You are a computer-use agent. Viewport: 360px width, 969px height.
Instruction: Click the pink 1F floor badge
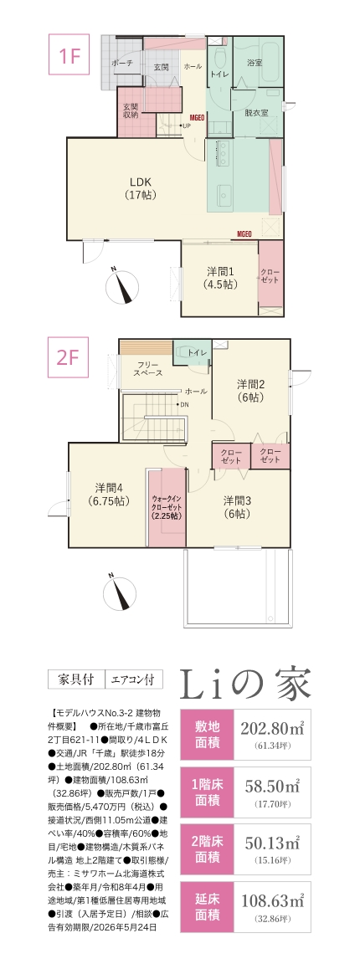tap(69, 56)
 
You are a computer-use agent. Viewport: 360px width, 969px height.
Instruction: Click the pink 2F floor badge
tap(69, 356)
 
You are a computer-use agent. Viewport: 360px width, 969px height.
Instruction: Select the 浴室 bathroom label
tap(255, 63)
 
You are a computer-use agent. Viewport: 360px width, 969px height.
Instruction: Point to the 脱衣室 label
tap(256, 113)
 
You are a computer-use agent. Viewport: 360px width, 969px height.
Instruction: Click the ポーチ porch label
tap(122, 63)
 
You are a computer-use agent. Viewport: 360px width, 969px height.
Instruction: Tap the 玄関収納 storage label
tap(131, 110)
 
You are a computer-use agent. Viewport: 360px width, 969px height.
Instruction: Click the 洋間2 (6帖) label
tap(251, 391)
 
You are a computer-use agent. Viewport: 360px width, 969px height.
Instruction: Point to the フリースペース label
tap(148, 369)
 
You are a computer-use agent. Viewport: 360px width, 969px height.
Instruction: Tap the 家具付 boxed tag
tap(77, 679)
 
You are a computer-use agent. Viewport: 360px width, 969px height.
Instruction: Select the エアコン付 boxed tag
tap(134, 679)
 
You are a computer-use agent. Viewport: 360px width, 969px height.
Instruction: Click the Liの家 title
tap(246, 684)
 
